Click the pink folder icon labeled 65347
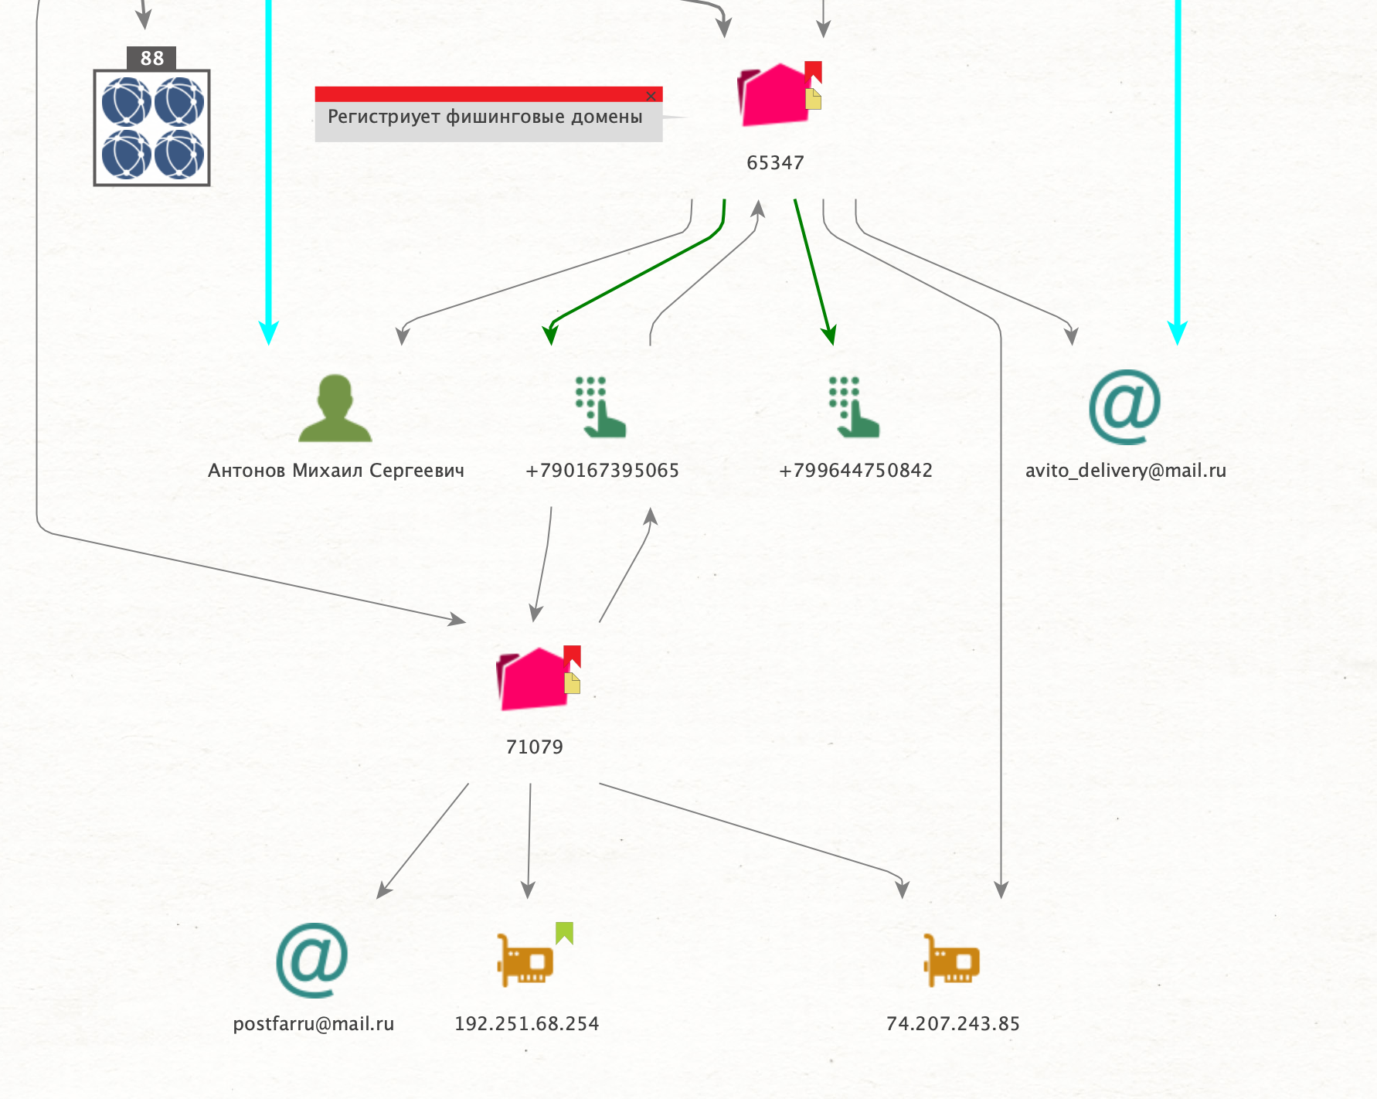click(x=773, y=95)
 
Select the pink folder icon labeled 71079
click(x=533, y=679)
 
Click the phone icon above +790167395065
click(x=600, y=407)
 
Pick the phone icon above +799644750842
click(x=854, y=407)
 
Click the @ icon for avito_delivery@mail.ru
click(x=1124, y=407)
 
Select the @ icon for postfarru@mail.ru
click(x=312, y=960)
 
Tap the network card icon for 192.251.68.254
click(x=525, y=960)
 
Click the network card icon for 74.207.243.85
click(x=952, y=960)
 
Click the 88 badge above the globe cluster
click(x=151, y=58)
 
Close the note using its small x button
click(x=651, y=96)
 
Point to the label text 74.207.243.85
click(x=953, y=1023)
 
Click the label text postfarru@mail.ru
click(x=314, y=1024)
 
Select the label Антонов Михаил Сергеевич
click(x=336, y=471)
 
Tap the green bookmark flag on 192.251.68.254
click(x=564, y=933)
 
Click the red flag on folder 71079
click(x=572, y=657)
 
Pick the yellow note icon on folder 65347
click(x=813, y=99)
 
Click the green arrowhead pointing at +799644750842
click(x=829, y=335)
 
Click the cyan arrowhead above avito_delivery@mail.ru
click(x=1177, y=332)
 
